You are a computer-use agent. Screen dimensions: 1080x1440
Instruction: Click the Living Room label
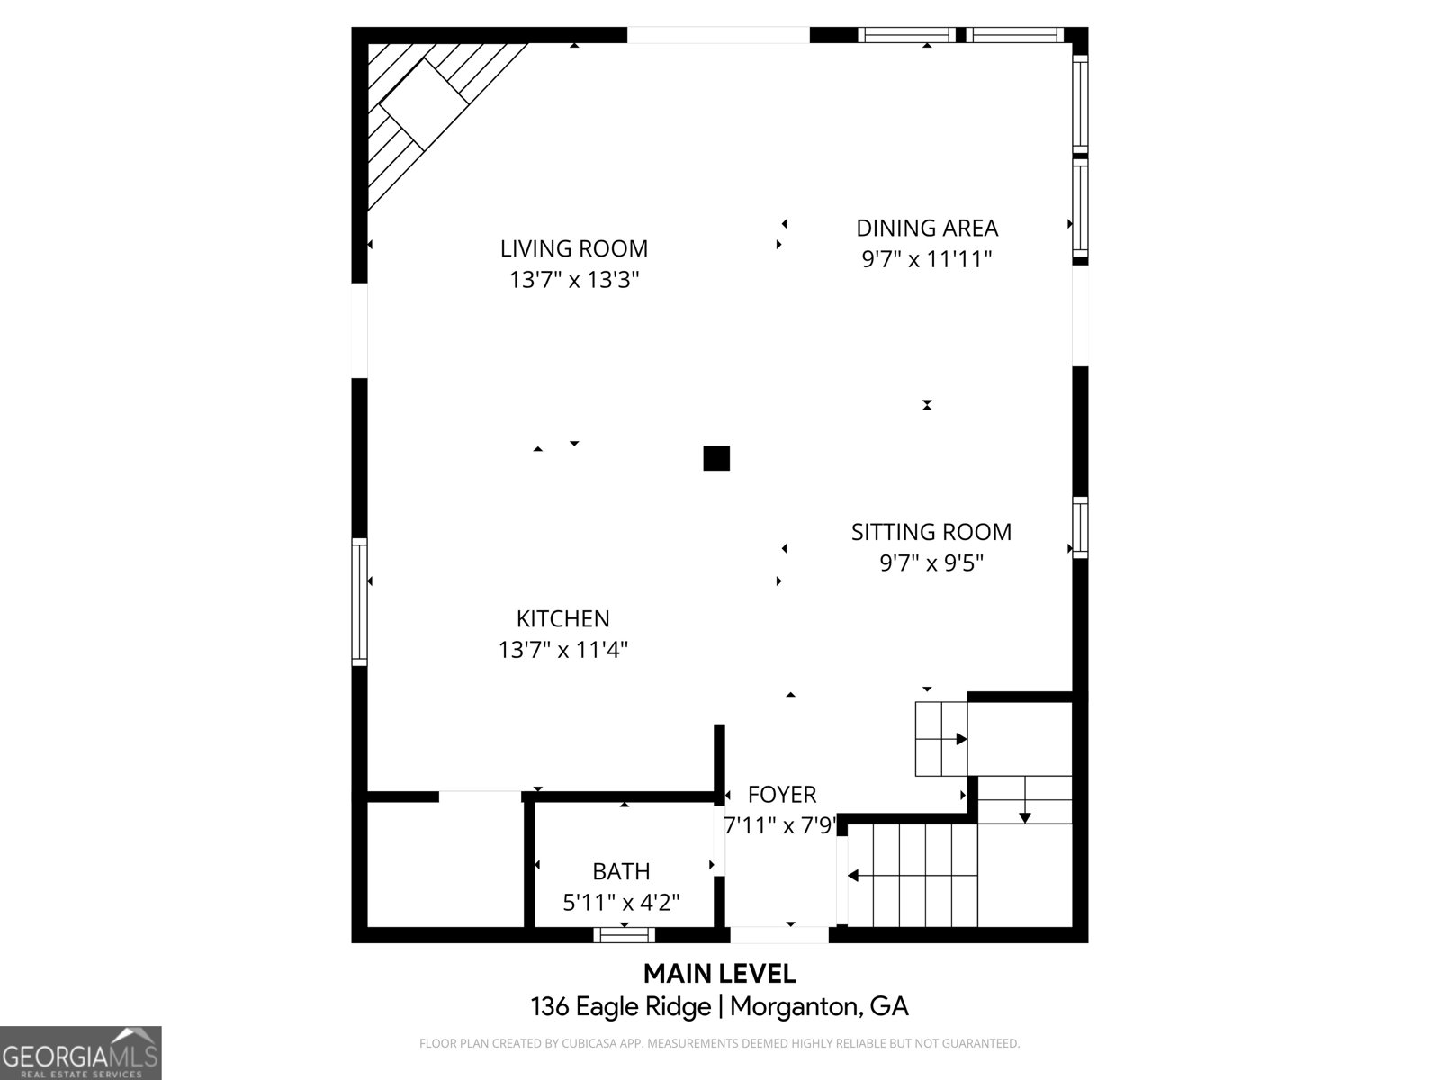(573, 248)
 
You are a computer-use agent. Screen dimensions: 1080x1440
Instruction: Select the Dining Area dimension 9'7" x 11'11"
(926, 259)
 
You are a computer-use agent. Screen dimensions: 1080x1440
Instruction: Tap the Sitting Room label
(931, 532)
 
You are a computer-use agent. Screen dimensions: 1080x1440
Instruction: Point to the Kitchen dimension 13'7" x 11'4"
(562, 650)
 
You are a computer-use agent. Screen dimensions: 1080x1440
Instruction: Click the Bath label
(621, 871)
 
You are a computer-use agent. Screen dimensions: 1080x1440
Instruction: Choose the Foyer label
(782, 795)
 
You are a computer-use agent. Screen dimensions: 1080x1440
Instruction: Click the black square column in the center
(716, 458)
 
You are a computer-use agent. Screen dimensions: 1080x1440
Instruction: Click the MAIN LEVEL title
(719, 973)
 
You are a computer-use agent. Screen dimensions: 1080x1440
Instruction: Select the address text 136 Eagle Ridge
(621, 1005)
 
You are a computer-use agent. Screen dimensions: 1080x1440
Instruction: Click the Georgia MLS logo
(80, 1053)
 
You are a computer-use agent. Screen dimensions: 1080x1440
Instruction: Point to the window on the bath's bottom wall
(624, 935)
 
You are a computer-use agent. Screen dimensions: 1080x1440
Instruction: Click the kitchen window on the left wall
(360, 601)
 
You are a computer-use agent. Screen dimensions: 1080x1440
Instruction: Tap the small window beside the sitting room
(1080, 526)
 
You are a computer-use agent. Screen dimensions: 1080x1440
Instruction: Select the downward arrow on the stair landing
(1024, 816)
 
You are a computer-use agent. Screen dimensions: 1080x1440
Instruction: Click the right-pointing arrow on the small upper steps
(960, 739)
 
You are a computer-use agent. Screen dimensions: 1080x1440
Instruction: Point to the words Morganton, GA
(819, 1005)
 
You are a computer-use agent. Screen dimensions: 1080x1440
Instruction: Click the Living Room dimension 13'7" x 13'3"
(573, 280)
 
